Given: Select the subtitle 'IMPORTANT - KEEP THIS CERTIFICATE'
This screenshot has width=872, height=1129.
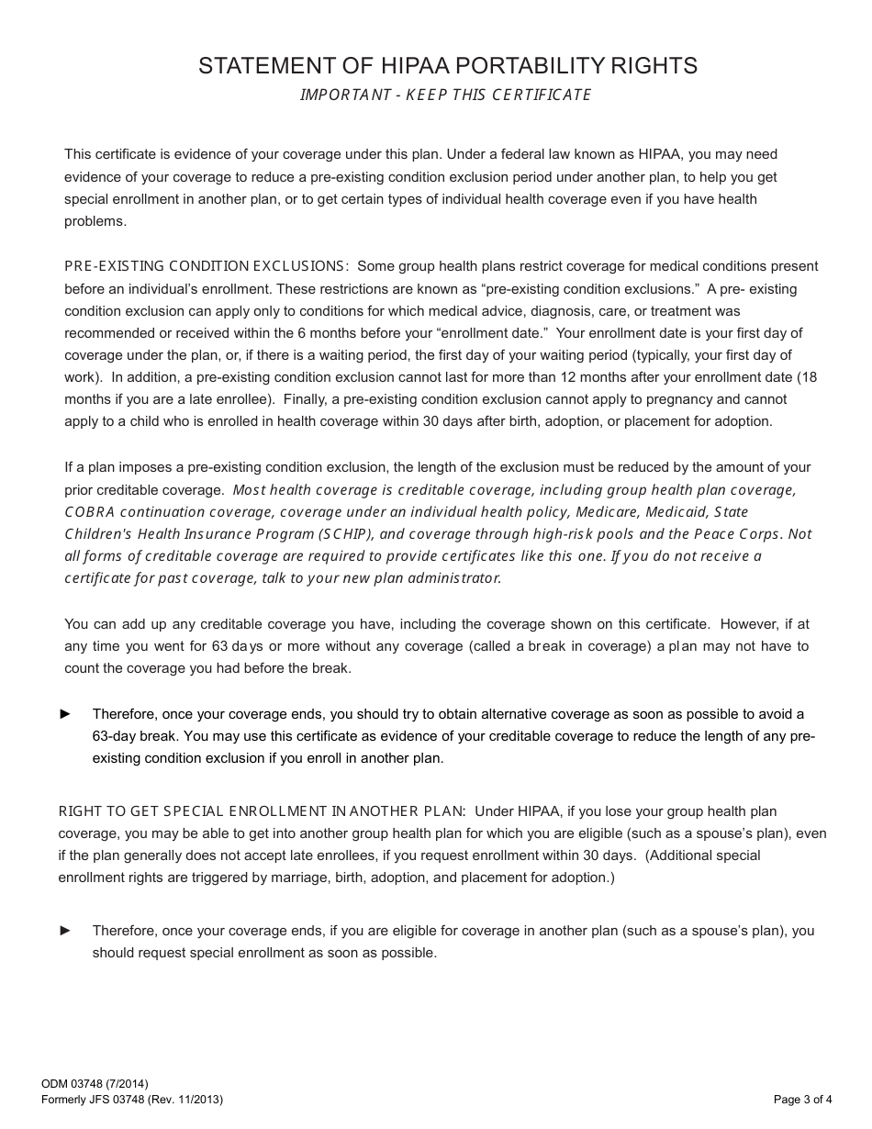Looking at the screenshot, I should [x=446, y=95].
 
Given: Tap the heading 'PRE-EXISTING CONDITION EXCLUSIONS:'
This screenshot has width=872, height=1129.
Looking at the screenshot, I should [x=207, y=266].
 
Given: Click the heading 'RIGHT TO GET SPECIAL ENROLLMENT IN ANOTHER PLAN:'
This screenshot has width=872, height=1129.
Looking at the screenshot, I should [x=263, y=811].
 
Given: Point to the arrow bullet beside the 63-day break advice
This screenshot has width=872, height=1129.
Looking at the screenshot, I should [x=65, y=714].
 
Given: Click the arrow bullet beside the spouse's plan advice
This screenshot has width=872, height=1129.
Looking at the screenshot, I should [x=65, y=931].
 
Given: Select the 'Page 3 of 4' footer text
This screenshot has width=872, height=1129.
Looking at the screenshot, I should [x=803, y=1099].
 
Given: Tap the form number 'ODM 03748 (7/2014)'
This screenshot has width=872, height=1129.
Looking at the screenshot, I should [x=95, y=1084].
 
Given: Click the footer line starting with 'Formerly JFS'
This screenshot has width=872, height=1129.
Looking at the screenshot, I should [x=132, y=1099].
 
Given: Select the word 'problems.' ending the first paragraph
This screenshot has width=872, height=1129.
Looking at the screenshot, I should [x=95, y=221].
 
